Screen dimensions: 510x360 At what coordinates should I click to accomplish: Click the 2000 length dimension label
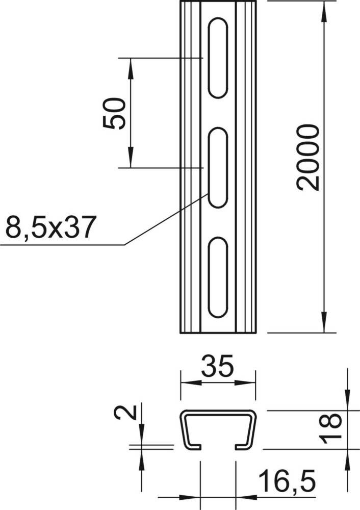point(310,157)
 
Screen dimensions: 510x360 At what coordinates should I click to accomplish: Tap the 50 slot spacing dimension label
point(114,113)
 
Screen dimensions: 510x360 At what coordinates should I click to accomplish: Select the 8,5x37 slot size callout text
point(50,227)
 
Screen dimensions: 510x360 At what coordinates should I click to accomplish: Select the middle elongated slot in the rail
point(218,168)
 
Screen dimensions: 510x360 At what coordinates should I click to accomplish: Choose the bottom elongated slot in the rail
point(218,277)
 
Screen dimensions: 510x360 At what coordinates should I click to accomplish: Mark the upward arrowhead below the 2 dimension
point(141,458)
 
